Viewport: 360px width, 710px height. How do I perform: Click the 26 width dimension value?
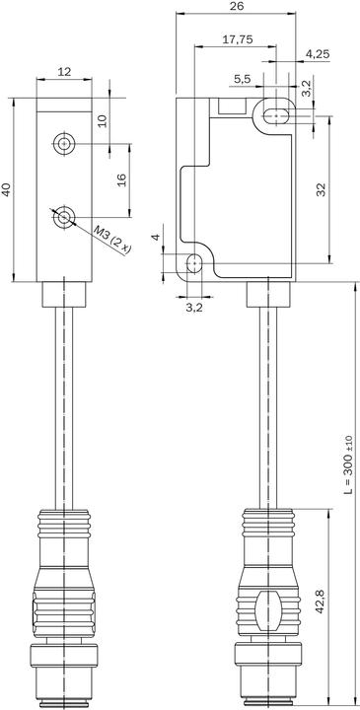(237, 6)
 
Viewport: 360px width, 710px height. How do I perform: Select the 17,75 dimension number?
(238, 39)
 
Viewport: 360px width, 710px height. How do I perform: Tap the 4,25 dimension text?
(318, 54)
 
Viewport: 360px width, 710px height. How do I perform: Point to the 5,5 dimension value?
(243, 79)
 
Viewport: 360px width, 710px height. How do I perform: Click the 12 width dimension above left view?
(64, 72)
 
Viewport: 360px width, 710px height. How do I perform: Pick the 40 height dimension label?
(6, 189)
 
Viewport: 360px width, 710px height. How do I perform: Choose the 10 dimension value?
(103, 120)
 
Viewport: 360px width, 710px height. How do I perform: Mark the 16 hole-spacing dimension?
(122, 180)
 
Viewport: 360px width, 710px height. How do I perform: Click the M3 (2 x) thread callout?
(111, 240)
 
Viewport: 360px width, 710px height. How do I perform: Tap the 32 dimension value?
(321, 189)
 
